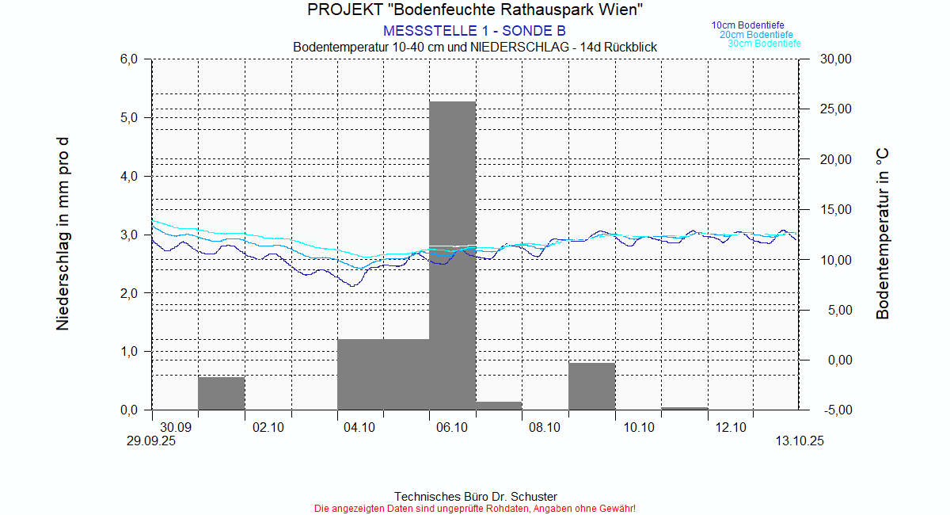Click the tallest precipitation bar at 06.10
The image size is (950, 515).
coord(452,254)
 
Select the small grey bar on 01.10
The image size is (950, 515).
coord(221,393)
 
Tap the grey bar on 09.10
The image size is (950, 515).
coord(591,386)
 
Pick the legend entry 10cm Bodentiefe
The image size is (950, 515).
coord(747,25)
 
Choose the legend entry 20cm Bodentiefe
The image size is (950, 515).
coord(756,35)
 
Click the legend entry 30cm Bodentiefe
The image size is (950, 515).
coord(764,44)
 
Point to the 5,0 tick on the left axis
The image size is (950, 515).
coord(129,117)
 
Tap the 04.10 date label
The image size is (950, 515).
coord(359,428)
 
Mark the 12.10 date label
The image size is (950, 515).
coord(731,428)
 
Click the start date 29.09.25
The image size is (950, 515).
coord(151,442)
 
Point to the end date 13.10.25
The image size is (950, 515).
coord(799,442)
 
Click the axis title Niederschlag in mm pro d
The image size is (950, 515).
coord(63,234)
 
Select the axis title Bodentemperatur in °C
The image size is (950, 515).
coord(883,234)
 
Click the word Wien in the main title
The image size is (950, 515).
coord(618,10)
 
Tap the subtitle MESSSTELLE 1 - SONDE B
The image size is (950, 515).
coord(474,31)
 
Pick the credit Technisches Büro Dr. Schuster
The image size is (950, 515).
coord(475,497)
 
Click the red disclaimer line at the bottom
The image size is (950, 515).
coord(475,508)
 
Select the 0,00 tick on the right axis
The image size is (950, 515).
coord(837,360)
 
